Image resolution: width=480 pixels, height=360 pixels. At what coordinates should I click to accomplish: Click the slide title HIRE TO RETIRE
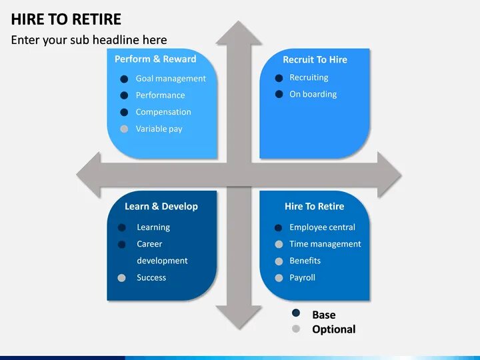click(x=66, y=18)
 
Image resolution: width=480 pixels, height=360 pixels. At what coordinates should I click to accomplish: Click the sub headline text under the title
click(x=89, y=40)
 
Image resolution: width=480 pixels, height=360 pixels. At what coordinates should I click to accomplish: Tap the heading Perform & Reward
click(x=155, y=59)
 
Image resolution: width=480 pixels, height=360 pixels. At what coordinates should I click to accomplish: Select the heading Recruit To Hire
click(x=315, y=59)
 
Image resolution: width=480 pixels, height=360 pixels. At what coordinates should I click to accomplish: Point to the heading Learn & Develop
click(x=161, y=207)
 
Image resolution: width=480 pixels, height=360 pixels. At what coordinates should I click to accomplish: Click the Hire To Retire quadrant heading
click(x=314, y=207)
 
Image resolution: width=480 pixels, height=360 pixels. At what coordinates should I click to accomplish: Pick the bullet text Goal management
click(x=171, y=79)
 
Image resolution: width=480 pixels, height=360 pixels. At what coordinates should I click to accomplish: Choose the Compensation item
click(x=163, y=112)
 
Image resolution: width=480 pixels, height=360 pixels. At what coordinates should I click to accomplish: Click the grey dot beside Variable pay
click(x=124, y=129)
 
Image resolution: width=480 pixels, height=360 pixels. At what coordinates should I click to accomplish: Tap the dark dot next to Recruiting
click(x=279, y=78)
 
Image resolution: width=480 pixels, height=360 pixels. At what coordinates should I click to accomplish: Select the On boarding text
click(x=313, y=95)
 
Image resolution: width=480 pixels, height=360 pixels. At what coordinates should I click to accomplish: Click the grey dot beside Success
click(x=121, y=278)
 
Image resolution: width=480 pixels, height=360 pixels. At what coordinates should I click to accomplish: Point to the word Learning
click(x=153, y=227)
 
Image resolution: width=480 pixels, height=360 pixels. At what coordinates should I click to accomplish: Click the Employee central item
click(x=322, y=227)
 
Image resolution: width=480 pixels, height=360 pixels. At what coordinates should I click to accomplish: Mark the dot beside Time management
click(x=279, y=245)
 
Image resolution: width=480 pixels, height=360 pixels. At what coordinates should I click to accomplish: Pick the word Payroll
click(x=302, y=277)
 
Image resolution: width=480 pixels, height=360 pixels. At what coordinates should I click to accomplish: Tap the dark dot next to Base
click(x=296, y=313)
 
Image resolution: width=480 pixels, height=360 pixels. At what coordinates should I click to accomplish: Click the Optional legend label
click(x=333, y=329)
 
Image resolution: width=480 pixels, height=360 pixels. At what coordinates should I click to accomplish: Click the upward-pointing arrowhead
click(x=239, y=33)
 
